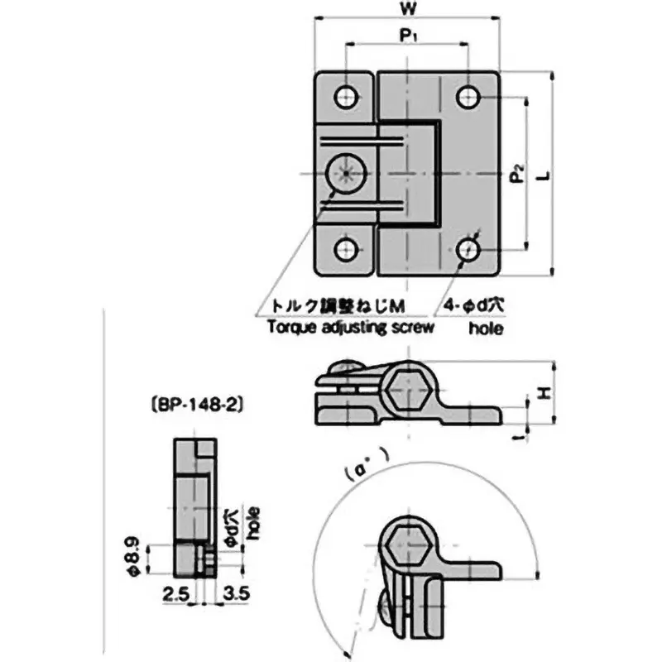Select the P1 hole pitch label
click(408, 36)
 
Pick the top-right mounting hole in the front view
click(469, 98)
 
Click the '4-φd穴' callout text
click(473, 305)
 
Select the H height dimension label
click(544, 395)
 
